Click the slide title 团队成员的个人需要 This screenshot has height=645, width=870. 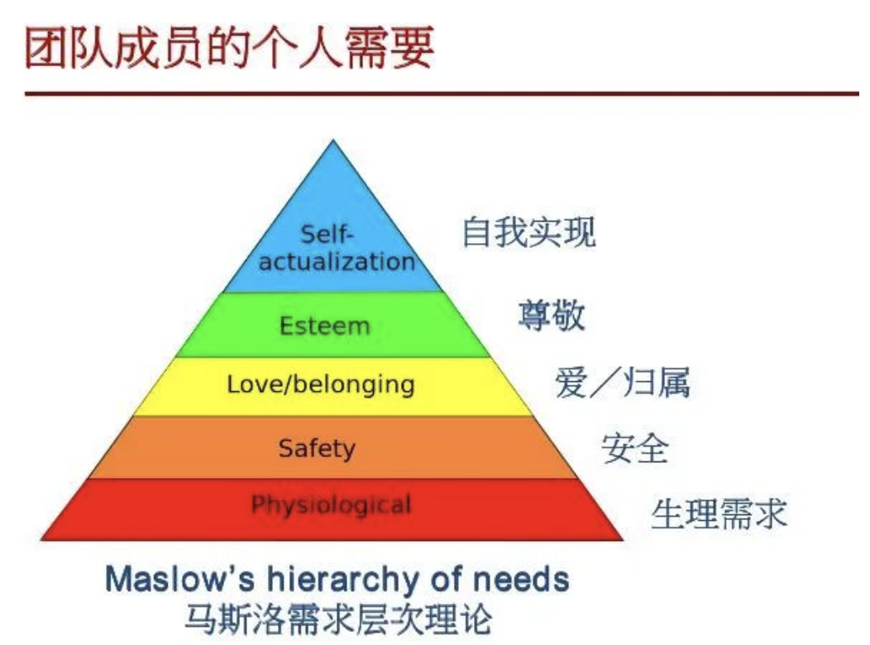pos(229,48)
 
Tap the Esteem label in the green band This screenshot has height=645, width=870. pos(324,326)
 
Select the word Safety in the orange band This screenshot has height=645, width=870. pos(317,448)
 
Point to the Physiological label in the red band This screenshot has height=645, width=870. pos(332,505)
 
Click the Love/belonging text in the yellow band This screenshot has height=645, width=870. pos(321,385)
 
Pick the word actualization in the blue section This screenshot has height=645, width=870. pos(337,261)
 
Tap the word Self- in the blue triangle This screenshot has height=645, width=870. pos(327,234)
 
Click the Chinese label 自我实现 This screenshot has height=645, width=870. pos(528,232)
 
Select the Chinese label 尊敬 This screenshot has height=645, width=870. pos(552,314)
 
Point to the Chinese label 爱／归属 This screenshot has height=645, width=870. pos(622,382)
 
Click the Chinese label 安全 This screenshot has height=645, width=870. pos(635,448)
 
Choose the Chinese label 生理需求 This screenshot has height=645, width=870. pos(719,513)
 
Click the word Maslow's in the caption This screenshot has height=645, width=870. pos(179,579)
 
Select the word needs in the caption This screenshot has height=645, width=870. pos(520,580)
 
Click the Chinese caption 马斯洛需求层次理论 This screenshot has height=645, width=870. pos(338,619)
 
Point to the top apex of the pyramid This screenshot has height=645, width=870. pos(333,140)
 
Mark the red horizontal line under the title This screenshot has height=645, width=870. pos(442,93)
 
